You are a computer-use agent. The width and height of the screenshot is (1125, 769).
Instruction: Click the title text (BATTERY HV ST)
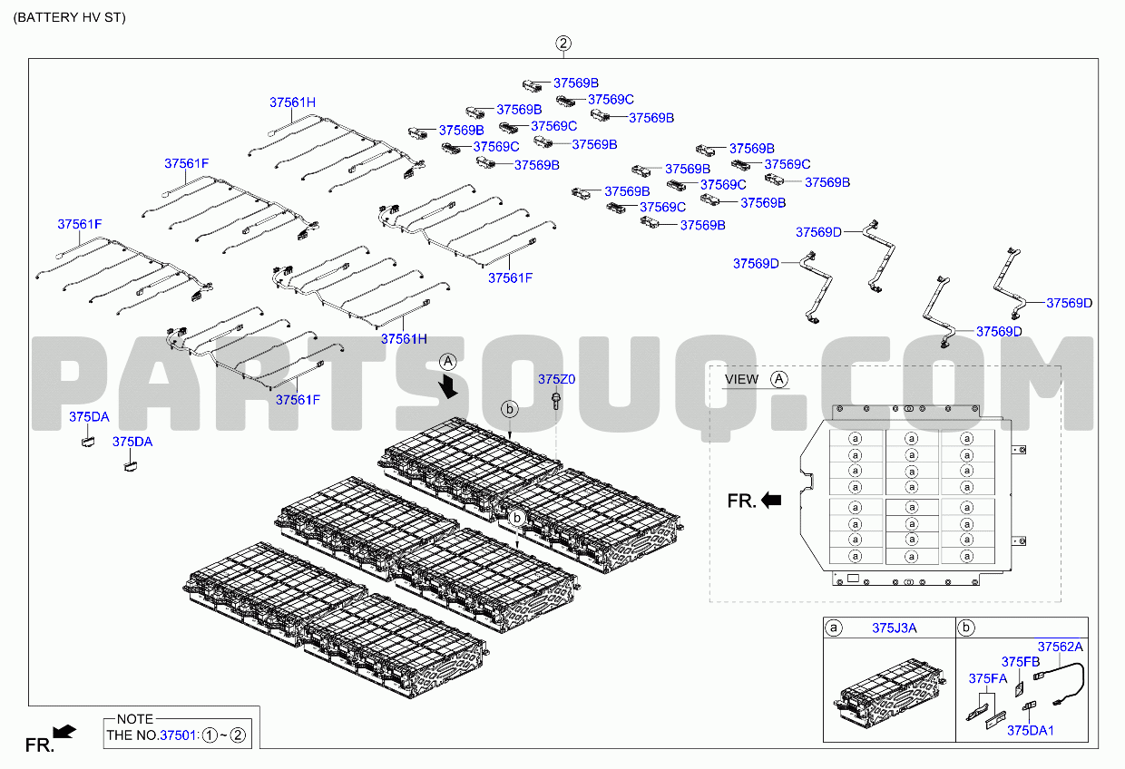click(x=69, y=17)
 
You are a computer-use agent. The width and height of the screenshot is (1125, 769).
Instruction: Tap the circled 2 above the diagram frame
click(x=563, y=44)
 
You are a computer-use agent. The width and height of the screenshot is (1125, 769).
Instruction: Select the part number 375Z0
click(x=556, y=379)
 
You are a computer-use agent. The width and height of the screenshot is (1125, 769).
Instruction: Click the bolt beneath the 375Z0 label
click(x=555, y=401)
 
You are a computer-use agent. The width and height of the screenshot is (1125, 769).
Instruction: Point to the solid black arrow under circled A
click(x=448, y=387)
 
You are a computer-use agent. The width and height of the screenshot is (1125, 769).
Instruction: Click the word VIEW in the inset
click(x=741, y=379)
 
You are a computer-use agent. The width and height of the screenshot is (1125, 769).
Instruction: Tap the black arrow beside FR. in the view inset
click(x=771, y=500)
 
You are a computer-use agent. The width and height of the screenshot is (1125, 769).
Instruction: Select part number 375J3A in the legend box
click(x=894, y=628)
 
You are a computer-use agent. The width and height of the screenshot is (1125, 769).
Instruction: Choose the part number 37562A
click(x=1061, y=647)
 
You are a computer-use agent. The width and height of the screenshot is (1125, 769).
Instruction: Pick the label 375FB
click(x=1021, y=662)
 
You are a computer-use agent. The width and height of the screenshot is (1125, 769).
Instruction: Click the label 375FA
click(x=988, y=678)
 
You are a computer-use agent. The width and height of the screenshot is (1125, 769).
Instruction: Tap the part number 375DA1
click(x=1030, y=731)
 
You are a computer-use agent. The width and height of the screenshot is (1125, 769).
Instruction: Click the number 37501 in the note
click(x=177, y=735)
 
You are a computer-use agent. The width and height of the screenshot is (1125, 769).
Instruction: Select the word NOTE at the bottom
click(x=135, y=719)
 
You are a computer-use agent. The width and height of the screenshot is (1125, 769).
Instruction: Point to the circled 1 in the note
click(x=210, y=735)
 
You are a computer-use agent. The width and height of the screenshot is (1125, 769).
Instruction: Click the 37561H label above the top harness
click(x=292, y=102)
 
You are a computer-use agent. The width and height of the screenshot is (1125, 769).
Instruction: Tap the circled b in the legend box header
click(x=966, y=628)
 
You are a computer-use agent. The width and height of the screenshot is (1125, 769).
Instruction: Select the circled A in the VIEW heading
click(x=779, y=379)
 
